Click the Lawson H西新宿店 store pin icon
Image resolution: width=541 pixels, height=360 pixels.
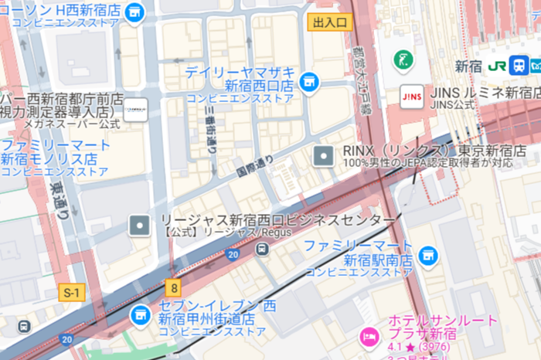tap(135, 12)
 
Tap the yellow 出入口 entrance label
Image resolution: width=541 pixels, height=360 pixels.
tap(330, 22)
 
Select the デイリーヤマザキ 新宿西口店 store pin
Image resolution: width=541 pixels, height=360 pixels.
tap(309, 81)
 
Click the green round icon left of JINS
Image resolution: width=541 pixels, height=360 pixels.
tap(403, 59)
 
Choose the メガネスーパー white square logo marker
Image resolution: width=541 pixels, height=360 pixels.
tap(137, 110)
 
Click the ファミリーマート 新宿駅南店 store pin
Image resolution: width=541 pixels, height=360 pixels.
tap(427, 254)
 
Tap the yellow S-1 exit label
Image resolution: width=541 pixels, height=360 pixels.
tap(71, 293)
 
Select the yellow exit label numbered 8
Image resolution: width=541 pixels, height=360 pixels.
tap(175, 287)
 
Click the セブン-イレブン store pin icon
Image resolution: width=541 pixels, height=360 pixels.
tap(140, 313)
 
